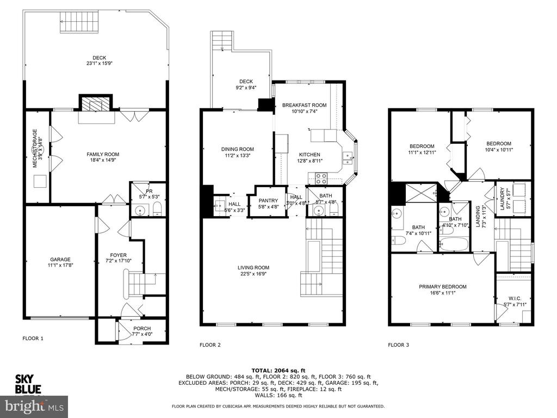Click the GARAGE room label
point(60,260)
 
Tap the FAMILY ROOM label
point(103,154)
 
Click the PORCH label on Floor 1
point(142,328)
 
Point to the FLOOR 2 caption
point(211,345)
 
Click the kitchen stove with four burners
point(321,178)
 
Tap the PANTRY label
point(268,201)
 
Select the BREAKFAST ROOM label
point(305,105)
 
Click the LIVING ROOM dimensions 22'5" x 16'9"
point(253,274)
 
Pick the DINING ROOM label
point(238,149)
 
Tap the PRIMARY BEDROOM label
point(443,286)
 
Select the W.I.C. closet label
point(515,298)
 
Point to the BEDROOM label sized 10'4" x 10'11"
point(499,144)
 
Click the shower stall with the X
point(422,193)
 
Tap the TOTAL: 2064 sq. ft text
point(278,370)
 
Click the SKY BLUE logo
point(28,384)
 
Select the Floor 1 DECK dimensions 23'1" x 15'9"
point(100,63)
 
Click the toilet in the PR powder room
point(157,210)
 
